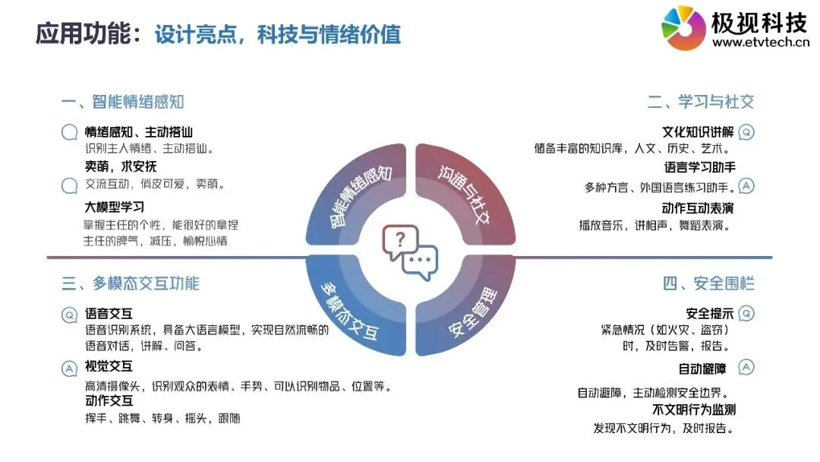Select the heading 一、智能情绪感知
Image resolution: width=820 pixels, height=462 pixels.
point(123,102)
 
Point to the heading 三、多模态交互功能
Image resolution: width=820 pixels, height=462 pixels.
point(131,283)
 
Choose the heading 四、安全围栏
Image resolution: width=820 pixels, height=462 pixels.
point(708,283)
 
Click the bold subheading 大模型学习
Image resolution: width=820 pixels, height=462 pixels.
point(115,206)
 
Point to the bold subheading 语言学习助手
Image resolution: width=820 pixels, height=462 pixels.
point(699,168)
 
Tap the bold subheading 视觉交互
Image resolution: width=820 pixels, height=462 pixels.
point(109,367)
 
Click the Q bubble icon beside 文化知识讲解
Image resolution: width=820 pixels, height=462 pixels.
point(746,131)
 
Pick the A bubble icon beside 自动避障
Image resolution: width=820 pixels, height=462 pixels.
point(746,368)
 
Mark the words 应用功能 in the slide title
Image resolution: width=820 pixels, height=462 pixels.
point(83,34)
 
